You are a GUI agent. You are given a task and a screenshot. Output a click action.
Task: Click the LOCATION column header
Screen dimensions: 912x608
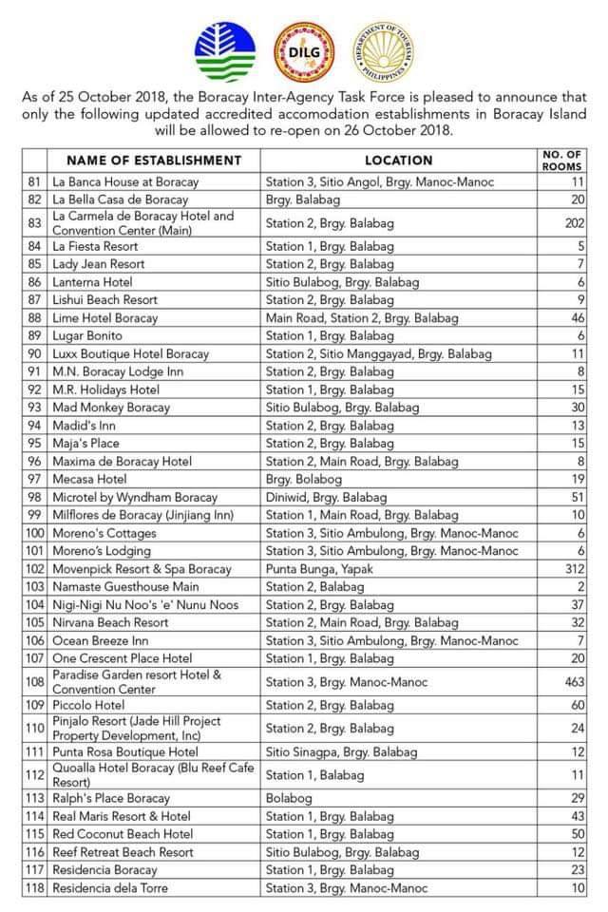pyautogui.click(x=398, y=161)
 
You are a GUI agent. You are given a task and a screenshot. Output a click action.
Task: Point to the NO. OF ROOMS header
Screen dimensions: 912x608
pyautogui.click(x=561, y=161)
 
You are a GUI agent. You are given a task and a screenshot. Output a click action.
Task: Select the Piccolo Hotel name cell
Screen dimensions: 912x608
pyautogui.click(x=89, y=705)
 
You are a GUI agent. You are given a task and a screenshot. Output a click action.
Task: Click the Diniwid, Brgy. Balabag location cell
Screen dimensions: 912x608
pyautogui.click(x=329, y=497)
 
